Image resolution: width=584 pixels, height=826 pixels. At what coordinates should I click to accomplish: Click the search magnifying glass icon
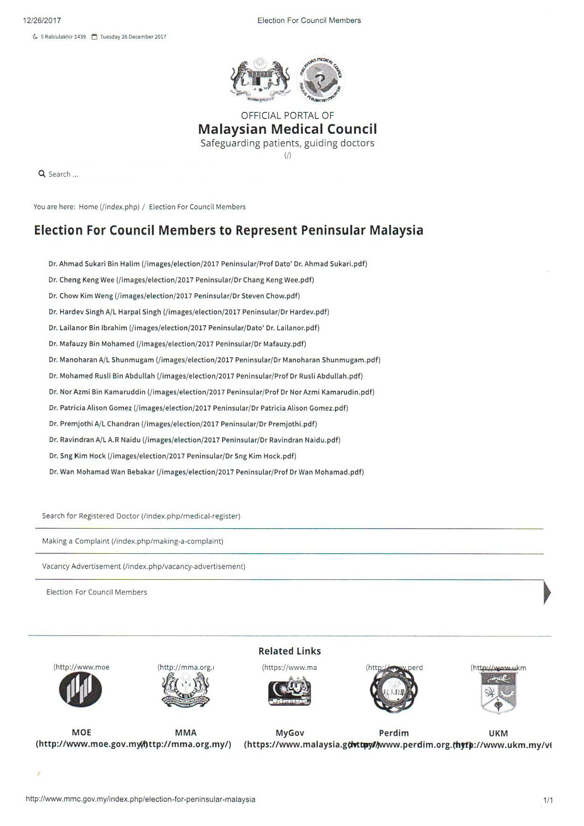click(x=42, y=174)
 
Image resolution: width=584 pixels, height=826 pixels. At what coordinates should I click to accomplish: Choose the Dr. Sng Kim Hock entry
click(x=78, y=456)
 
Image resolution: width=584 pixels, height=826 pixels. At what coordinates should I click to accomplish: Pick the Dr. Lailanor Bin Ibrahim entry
click(x=88, y=328)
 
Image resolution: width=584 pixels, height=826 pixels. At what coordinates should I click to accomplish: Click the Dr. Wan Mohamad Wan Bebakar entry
click(x=102, y=472)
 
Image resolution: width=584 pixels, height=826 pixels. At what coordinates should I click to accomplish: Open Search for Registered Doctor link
click(x=91, y=516)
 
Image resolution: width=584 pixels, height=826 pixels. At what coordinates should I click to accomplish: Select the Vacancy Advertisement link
click(x=81, y=566)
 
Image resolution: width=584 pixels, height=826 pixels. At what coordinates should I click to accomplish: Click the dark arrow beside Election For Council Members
click(x=547, y=592)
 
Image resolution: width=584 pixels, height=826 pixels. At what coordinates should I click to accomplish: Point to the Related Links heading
click(x=289, y=651)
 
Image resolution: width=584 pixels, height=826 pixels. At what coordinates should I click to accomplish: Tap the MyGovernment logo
click(x=289, y=691)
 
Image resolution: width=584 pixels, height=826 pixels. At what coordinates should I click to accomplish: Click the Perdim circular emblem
click(x=394, y=691)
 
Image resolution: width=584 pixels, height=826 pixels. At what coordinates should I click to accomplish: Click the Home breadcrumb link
click(x=88, y=207)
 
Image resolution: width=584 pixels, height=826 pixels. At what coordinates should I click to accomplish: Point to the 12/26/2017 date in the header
click(x=42, y=20)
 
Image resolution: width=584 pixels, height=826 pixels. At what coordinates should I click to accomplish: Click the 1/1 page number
click(x=548, y=800)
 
